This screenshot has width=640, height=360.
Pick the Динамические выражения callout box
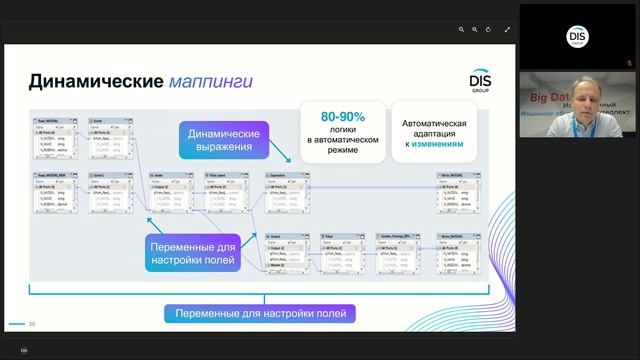225,141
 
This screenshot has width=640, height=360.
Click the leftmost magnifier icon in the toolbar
461,30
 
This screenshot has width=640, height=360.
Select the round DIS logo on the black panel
579,39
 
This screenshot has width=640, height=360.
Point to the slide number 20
32,323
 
